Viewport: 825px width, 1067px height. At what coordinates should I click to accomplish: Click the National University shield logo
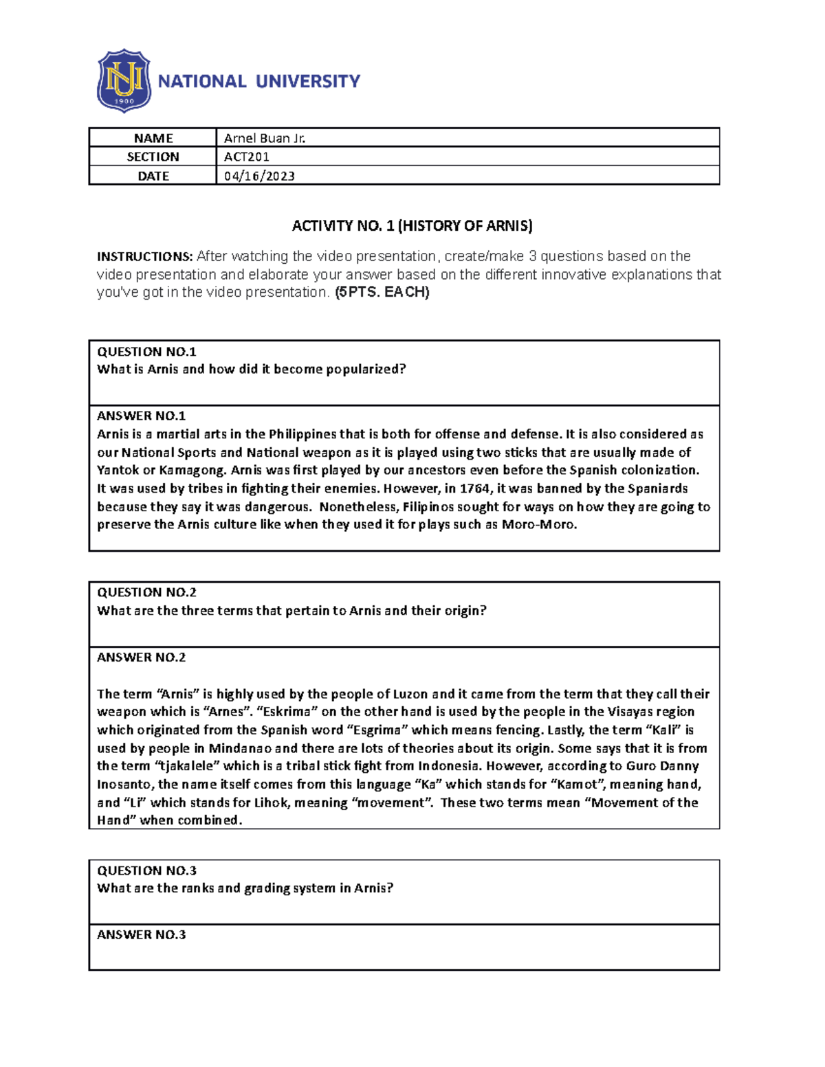click(x=124, y=80)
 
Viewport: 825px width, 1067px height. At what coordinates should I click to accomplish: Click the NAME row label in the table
click(x=153, y=138)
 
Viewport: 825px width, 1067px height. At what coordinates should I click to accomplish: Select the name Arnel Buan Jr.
click(x=265, y=138)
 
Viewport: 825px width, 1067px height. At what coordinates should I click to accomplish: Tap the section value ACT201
click(x=247, y=157)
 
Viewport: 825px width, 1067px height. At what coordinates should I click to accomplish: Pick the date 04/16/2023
click(x=259, y=176)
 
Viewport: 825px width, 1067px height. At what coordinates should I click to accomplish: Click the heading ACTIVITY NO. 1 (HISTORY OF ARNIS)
click(x=412, y=226)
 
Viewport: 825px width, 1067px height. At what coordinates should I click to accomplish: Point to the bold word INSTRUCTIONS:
click(x=144, y=257)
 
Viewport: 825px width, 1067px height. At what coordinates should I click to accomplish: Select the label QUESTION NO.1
click(x=146, y=352)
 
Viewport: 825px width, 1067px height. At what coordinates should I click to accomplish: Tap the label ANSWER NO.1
click(x=141, y=416)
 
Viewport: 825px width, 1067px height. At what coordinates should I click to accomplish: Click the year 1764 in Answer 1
click(x=474, y=488)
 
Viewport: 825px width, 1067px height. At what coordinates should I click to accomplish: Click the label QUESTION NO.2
click(x=146, y=592)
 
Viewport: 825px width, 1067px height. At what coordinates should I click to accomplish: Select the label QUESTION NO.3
click(x=146, y=871)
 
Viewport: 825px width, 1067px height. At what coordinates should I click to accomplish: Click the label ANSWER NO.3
click(x=141, y=934)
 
